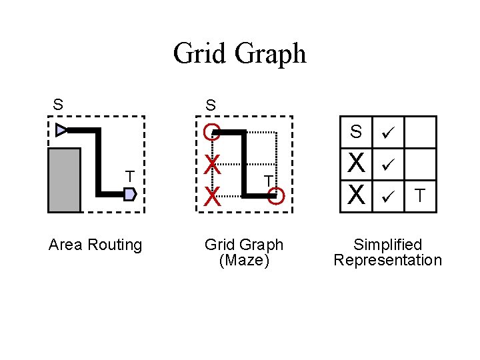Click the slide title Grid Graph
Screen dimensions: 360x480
click(239, 53)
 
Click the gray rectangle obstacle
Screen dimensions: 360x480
click(64, 180)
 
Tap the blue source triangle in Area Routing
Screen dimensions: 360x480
click(61, 130)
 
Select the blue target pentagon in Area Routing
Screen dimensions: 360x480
click(130, 194)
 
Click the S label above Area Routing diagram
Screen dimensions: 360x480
click(59, 105)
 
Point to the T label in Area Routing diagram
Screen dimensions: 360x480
click(131, 176)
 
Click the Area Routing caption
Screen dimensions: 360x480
click(95, 245)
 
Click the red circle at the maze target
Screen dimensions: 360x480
click(278, 196)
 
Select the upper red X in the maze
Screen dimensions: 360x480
click(211, 163)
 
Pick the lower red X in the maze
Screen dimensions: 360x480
click(212, 196)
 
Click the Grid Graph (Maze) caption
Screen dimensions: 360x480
click(244, 253)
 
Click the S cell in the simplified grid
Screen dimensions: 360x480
click(357, 132)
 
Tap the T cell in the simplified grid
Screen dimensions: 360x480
click(420, 195)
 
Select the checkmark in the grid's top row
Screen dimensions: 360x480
click(388, 133)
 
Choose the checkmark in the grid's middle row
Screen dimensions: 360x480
click(388, 163)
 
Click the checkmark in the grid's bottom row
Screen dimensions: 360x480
click(388, 196)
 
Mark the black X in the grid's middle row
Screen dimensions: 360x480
click(357, 163)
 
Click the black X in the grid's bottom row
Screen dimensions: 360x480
click(357, 195)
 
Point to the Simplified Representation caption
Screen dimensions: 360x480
click(387, 253)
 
